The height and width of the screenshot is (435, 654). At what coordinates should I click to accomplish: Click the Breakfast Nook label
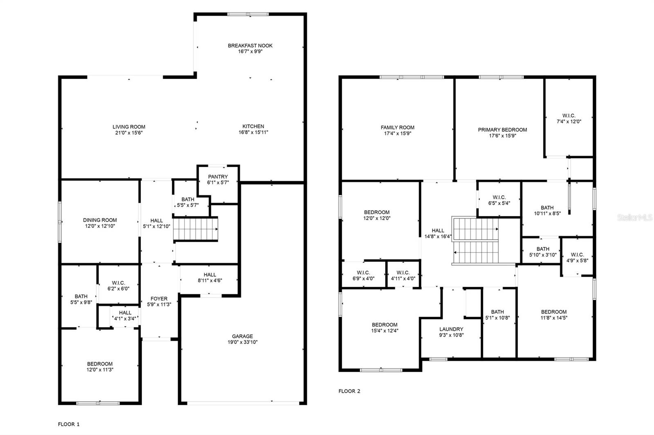pos(250,46)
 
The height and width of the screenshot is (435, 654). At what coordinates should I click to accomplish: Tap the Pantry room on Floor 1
pos(217,180)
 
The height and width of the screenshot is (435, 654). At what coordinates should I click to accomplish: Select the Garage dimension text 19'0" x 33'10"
pos(243,342)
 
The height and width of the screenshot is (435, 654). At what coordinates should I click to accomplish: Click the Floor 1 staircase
pos(195,229)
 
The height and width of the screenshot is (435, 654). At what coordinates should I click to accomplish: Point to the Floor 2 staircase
pos(476,241)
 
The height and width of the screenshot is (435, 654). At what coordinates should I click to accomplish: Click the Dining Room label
pos(100,220)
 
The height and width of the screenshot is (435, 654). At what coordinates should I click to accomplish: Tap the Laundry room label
pos(451,329)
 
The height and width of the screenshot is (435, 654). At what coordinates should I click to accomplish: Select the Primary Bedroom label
pos(502,130)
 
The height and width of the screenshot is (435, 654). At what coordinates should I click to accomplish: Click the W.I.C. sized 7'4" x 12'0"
pos(569,118)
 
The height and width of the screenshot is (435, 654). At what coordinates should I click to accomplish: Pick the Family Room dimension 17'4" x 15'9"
pos(397,133)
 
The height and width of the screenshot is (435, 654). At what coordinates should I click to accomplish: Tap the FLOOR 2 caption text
pos(349,391)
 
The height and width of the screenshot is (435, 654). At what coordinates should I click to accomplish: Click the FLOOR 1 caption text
pos(69,424)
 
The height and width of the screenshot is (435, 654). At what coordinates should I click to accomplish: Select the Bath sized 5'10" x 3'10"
pos(543,252)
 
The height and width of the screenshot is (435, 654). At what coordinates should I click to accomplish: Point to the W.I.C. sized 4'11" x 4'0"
pos(403,275)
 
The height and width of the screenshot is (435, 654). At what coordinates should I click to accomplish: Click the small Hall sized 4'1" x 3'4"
pos(125,316)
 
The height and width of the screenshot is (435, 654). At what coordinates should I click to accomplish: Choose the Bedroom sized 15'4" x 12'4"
pos(385,328)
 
